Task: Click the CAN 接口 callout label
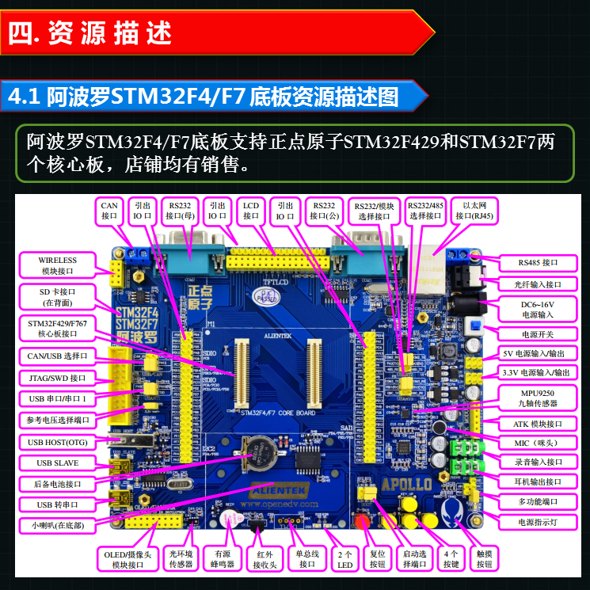(x=109, y=209)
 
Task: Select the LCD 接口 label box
(x=251, y=209)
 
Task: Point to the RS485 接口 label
(x=538, y=262)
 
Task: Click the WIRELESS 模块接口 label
(x=58, y=265)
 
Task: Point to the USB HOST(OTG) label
(x=57, y=442)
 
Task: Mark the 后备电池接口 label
(x=58, y=483)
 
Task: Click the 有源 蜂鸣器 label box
(x=219, y=558)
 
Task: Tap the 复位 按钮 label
(x=376, y=558)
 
